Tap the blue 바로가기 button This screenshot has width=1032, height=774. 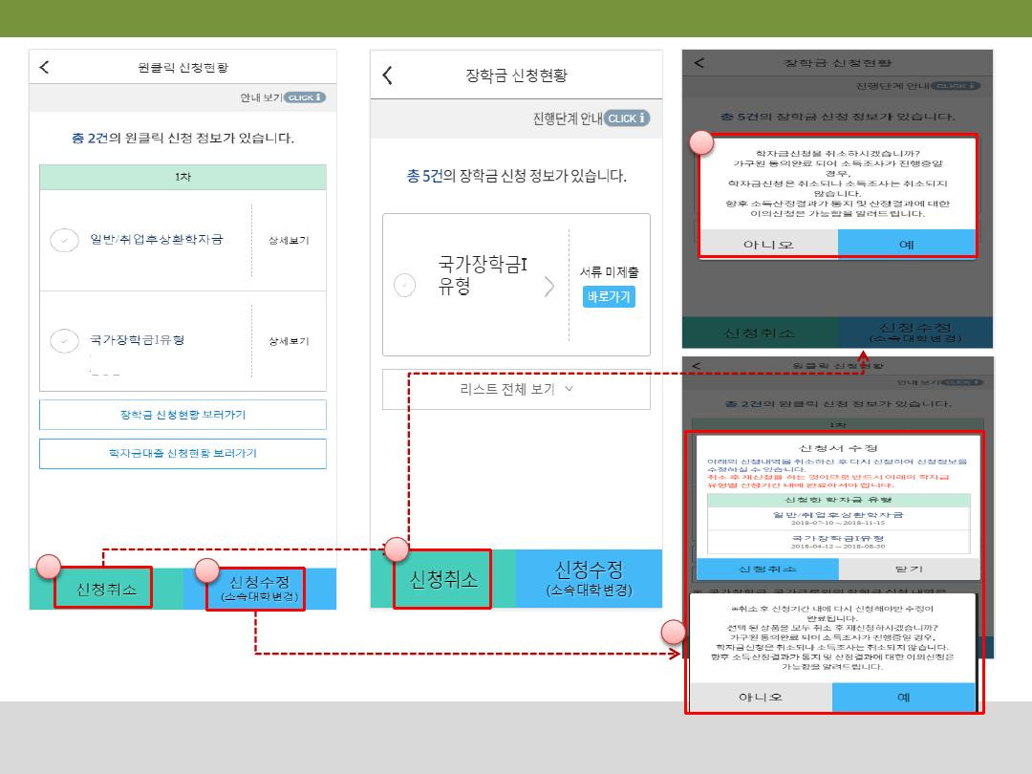coord(609,296)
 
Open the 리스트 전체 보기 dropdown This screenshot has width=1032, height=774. coord(516,389)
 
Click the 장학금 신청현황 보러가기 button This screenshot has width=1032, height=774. coord(183,415)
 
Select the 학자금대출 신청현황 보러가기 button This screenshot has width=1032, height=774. coord(183,453)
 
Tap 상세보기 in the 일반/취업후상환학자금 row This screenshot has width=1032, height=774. coord(289,240)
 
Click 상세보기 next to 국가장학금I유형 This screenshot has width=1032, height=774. coord(289,341)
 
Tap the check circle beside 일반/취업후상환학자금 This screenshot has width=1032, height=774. coord(64,240)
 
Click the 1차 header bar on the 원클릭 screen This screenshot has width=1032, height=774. coord(183,177)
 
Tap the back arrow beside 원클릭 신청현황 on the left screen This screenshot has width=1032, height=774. coord(44,67)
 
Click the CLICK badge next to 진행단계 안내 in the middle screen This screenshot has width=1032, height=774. coord(627,118)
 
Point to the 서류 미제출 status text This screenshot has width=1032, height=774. coord(609,272)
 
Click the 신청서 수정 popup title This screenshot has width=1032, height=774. coord(837,447)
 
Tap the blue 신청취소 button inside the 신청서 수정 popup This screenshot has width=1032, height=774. coord(767,569)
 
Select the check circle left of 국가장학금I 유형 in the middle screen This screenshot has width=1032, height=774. coord(405,285)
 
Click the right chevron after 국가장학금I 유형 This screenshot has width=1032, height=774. coord(548,286)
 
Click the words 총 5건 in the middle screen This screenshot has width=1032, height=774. coord(424,177)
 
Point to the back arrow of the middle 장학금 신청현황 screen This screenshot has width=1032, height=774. coord(387,75)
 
